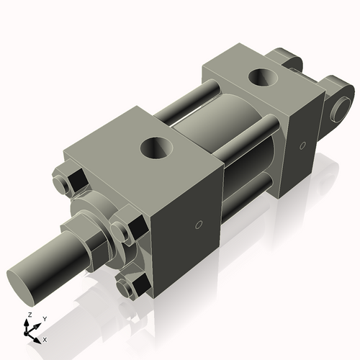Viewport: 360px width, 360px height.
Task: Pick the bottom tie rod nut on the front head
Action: click(x=134, y=287)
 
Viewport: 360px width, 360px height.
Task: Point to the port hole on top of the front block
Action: click(x=157, y=149)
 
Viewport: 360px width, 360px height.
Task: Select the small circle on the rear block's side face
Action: click(x=302, y=147)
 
